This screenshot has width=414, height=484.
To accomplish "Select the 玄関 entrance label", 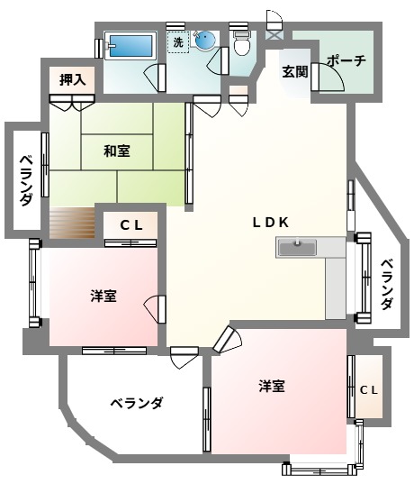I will pyautogui.click(x=294, y=71).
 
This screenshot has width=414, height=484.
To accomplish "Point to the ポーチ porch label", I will pyautogui.click(x=346, y=60).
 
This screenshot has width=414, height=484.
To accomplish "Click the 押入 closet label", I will pyautogui.click(x=72, y=79).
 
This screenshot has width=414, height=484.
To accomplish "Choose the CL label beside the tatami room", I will pyautogui.click(x=131, y=226).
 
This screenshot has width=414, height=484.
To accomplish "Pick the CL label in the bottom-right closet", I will pyautogui.click(x=368, y=390).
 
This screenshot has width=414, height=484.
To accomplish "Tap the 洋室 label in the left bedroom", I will pyautogui.click(x=103, y=296).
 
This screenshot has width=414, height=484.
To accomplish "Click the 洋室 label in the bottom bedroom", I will pyautogui.click(x=272, y=386).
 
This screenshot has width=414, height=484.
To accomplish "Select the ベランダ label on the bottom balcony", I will pyautogui.click(x=137, y=403).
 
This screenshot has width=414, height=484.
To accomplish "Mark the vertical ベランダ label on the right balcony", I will pyautogui.click(x=386, y=285).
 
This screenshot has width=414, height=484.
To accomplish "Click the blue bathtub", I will pyautogui.click(x=130, y=44).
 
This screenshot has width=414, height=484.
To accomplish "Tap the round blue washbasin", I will pyautogui.click(x=206, y=41).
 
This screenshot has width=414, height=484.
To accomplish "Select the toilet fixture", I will pyautogui.click(x=241, y=42).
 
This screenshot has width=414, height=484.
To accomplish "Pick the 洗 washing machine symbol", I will pyautogui.click(x=178, y=42).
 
